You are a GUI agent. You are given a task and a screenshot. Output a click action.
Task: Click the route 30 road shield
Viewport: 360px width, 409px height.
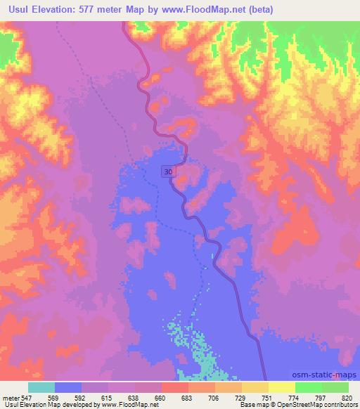pos(168,171)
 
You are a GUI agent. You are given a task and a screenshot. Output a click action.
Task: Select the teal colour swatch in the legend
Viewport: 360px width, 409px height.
pos(41,387)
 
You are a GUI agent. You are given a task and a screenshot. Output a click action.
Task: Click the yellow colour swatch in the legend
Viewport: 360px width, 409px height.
pos(281,387)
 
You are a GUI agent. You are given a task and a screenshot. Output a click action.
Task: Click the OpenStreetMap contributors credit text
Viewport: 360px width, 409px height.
pos(314,405)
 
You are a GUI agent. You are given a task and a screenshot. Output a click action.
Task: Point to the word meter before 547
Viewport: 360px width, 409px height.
pos(9,397)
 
